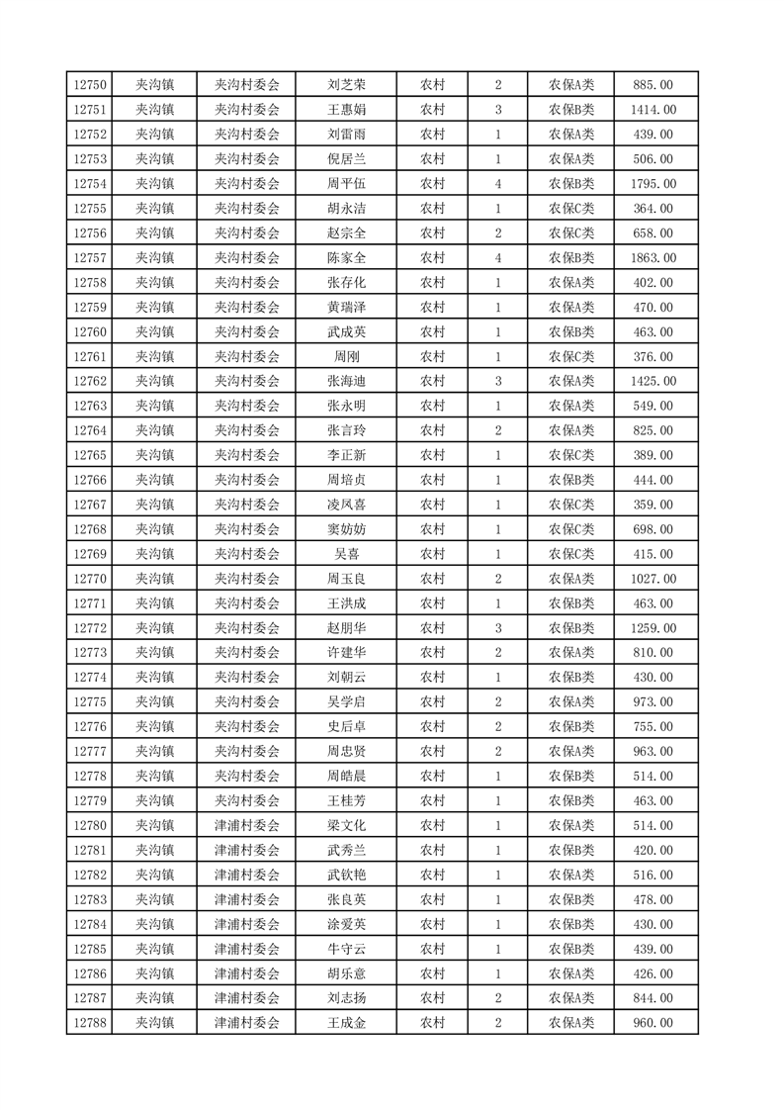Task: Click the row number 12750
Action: point(90,85)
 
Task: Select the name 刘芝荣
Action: point(347,85)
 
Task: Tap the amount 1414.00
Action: point(654,110)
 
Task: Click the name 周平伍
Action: point(347,184)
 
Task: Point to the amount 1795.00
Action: point(654,184)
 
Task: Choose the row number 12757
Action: point(90,258)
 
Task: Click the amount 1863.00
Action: point(654,258)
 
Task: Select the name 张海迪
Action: point(347,381)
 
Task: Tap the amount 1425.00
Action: point(654,381)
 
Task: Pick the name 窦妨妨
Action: point(347,529)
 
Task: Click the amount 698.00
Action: point(654,529)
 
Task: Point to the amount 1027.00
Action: point(654,579)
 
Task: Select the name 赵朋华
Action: point(347,628)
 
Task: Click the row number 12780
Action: point(90,826)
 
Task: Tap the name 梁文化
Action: point(347,826)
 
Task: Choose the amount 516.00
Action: point(654,875)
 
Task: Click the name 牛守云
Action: point(347,949)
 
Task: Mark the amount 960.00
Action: point(654,1023)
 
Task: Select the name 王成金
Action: point(347,1023)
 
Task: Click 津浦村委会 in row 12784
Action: point(247,924)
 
